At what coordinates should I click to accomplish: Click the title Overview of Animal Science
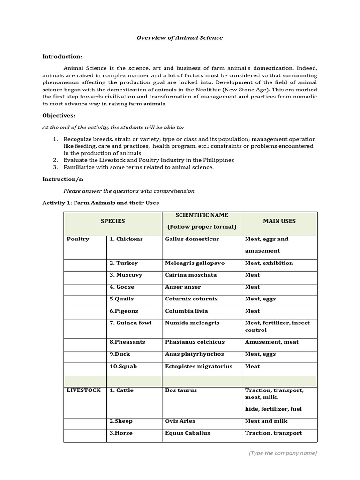(x=180, y=38)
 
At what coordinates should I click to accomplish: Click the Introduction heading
(x=62, y=56)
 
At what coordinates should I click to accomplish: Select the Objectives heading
(x=59, y=115)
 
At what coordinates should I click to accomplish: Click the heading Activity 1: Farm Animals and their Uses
(x=100, y=203)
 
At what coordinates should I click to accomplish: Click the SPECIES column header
(x=112, y=221)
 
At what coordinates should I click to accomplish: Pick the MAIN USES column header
(x=279, y=221)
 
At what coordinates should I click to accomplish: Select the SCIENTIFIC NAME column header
(x=202, y=215)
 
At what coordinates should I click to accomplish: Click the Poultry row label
(x=78, y=239)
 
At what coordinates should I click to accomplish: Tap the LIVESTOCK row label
(x=83, y=390)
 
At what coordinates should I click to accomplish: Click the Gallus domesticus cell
(x=192, y=239)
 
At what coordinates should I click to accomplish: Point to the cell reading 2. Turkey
(x=124, y=263)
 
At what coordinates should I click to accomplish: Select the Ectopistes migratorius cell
(x=198, y=367)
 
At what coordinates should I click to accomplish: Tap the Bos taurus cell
(x=181, y=390)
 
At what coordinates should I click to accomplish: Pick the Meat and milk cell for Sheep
(x=266, y=421)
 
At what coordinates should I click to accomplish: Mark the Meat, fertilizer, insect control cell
(x=277, y=326)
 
